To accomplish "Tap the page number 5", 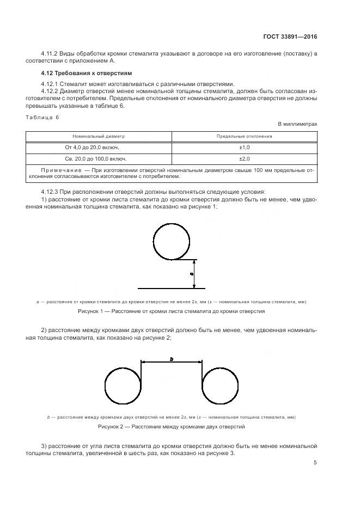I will click(315, 463).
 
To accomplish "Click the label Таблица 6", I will click(42, 117).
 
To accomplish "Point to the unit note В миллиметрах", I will click(297, 124).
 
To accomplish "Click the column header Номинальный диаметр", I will click(99, 136).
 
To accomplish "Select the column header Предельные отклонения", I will click(244, 136).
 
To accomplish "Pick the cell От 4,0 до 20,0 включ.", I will click(99, 148).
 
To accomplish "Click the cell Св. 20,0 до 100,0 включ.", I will click(99, 159).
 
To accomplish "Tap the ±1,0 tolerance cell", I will click(244, 148).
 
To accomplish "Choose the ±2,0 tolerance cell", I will click(244, 159).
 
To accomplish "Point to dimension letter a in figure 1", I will click(191, 273).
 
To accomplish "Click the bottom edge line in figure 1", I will click(172, 287).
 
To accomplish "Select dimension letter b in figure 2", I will click(172, 359).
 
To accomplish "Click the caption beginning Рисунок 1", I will click(172, 312).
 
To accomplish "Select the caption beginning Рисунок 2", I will click(172, 427).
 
